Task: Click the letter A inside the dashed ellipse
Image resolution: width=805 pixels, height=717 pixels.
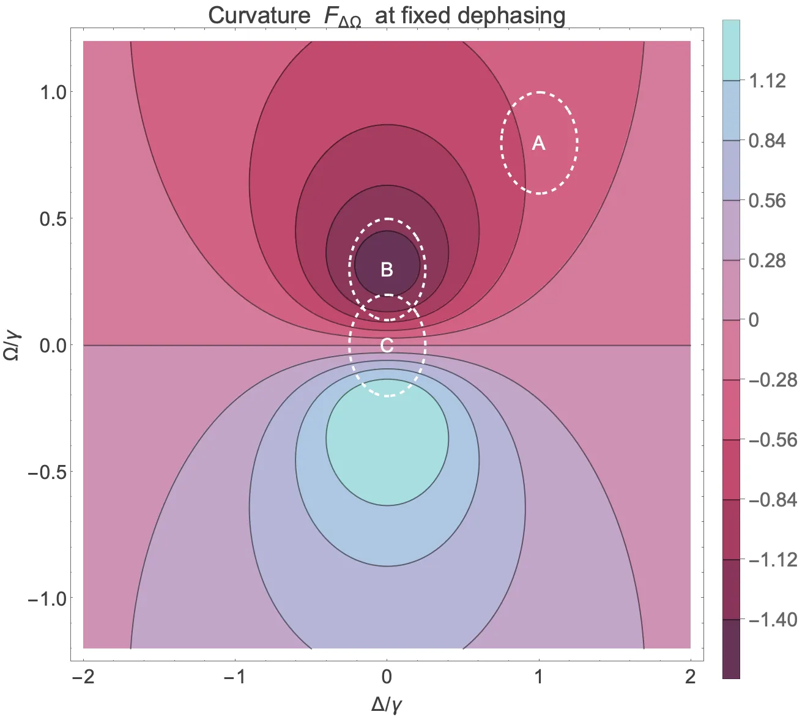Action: pyautogui.click(x=538, y=143)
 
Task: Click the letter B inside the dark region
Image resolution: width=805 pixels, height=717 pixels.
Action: pyautogui.click(x=387, y=269)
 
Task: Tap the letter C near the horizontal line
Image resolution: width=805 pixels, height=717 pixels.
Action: pyautogui.click(x=387, y=346)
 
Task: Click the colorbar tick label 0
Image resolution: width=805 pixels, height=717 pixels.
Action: pyautogui.click(x=754, y=320)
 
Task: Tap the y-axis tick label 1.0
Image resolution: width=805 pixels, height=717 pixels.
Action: pyautogui.click(x=54, y=92)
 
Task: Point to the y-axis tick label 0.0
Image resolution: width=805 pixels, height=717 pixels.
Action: pyautogui.click(x=54, y=346)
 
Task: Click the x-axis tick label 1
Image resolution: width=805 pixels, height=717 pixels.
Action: pyautogui.click(x=539, y=677)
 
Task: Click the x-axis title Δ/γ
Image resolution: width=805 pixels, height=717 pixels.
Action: pyautogui.click(x=387, y=704)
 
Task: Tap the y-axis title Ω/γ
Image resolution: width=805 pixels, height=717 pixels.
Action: pyautogui.click(x=13, y=346)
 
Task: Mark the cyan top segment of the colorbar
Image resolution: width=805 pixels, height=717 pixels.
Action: pyautogui.click(x=731, y=49)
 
